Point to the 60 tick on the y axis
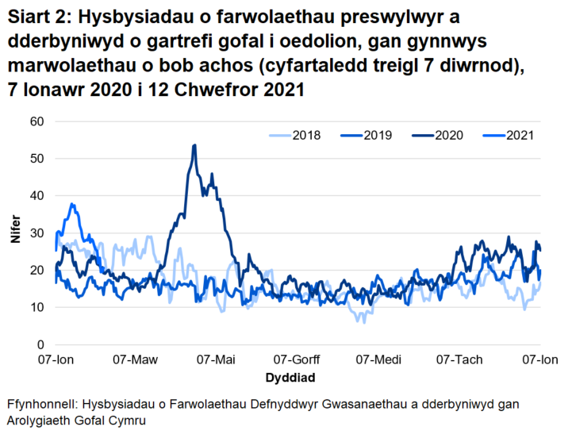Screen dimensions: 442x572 coord(36,121)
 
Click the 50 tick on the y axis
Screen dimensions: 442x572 coord(36,159)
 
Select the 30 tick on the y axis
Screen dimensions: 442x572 coord(36,233)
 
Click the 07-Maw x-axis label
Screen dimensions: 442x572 coord(137,360)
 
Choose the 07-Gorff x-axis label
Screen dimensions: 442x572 coord(298,360)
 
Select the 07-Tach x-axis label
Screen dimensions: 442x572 coord(460,360)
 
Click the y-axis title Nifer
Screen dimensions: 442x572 coord(15,233)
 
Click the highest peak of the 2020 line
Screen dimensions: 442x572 coord(194,145)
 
